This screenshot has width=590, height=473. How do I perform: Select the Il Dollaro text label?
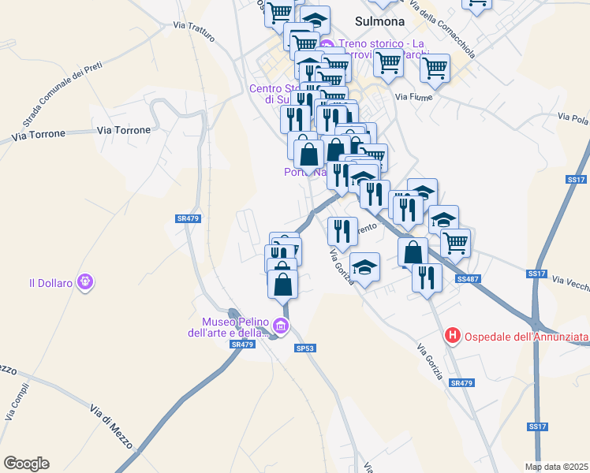pyautogui.click(x=50, y=282)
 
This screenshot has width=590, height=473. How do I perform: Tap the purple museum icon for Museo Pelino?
pyautogui.click(x=280, y=326)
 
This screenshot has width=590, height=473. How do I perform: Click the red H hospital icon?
pyautogui.click(x=453, y=336)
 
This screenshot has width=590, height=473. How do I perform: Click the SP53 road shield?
pyautogui.click(x=305, y=348)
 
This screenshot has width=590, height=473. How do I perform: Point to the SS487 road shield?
pyautogui.click(x=468, y=279)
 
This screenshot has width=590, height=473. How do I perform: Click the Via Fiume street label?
pyautogui.click(x=411, y=97)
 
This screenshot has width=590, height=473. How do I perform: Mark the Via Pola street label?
pyautogui.click(x=573, y=117)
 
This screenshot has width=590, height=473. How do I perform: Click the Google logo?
pyautogui.click(x=26, y=464)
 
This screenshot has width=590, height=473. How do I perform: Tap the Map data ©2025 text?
pyautogui.click(x=556, y=467)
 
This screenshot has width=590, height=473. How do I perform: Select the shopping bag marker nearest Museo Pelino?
pyautogui.click(x=283, y=284)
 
